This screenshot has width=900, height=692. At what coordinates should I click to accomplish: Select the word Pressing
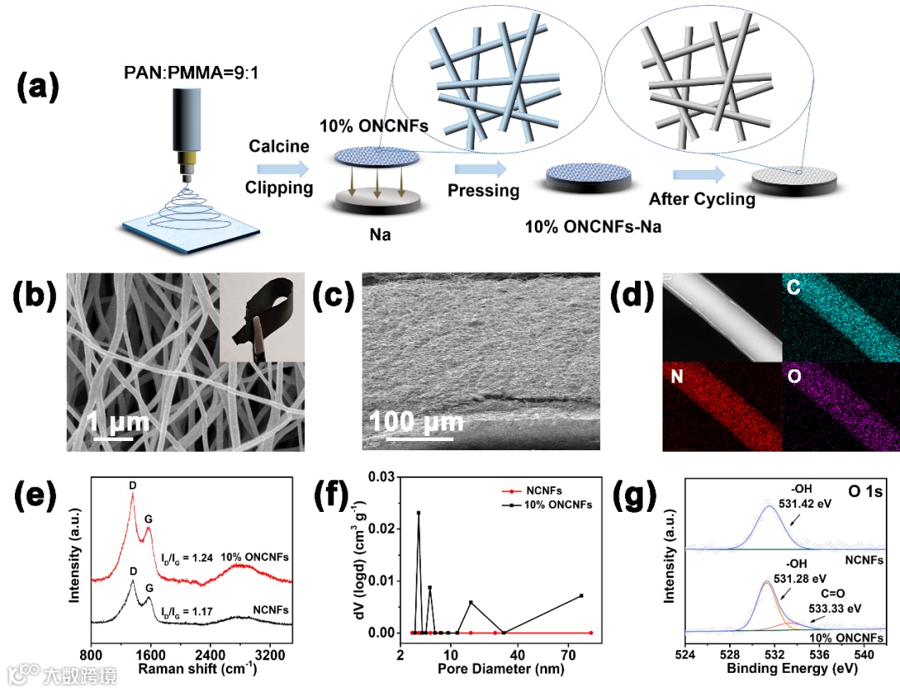483,190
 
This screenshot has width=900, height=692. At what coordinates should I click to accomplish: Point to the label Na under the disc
380,236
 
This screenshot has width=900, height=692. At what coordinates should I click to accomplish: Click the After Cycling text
702,199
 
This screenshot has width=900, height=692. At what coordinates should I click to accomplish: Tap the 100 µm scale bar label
416,422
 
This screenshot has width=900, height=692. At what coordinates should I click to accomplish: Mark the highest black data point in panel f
418,513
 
